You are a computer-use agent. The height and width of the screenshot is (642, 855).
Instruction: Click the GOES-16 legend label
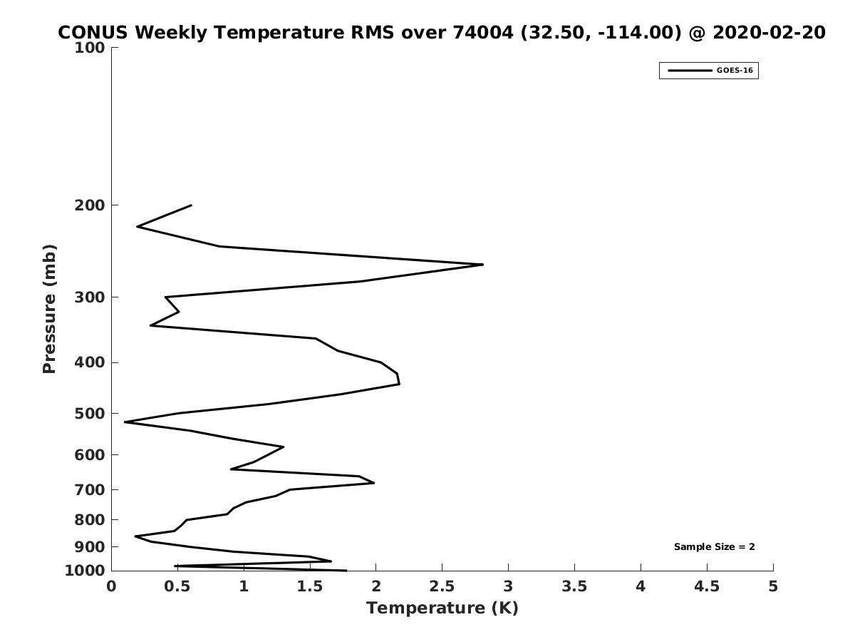735,71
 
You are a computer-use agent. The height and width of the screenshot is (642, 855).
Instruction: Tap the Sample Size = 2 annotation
715,547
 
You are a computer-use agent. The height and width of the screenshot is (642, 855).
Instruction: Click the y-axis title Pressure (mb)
49,309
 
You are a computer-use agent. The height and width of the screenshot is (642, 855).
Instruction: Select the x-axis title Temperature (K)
442,608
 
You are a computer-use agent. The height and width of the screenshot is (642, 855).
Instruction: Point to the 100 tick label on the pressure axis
90,48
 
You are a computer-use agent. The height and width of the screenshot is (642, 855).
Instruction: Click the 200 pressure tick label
90,205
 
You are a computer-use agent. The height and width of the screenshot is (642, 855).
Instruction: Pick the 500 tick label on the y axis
90,414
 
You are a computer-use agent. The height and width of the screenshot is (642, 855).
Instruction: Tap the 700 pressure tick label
90,489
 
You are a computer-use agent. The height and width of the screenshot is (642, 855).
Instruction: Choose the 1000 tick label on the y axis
85,571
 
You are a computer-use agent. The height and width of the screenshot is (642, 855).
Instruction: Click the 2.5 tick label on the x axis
442,586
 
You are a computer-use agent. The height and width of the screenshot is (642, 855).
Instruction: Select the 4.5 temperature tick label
707,586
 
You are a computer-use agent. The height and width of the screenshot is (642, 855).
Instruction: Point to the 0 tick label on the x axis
111,586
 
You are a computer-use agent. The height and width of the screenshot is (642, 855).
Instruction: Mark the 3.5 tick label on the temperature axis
574,586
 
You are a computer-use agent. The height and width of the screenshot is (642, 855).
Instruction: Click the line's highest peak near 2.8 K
483,265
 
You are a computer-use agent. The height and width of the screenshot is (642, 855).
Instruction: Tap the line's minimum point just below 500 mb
125,422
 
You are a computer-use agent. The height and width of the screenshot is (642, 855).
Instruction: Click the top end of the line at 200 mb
191,205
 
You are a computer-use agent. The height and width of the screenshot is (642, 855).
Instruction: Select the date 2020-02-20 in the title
769,32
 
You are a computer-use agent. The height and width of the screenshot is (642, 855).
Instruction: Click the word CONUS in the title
93,32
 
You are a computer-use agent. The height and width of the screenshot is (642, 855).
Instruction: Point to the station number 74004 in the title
483,32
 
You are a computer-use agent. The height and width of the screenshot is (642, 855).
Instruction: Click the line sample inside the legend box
690,71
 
